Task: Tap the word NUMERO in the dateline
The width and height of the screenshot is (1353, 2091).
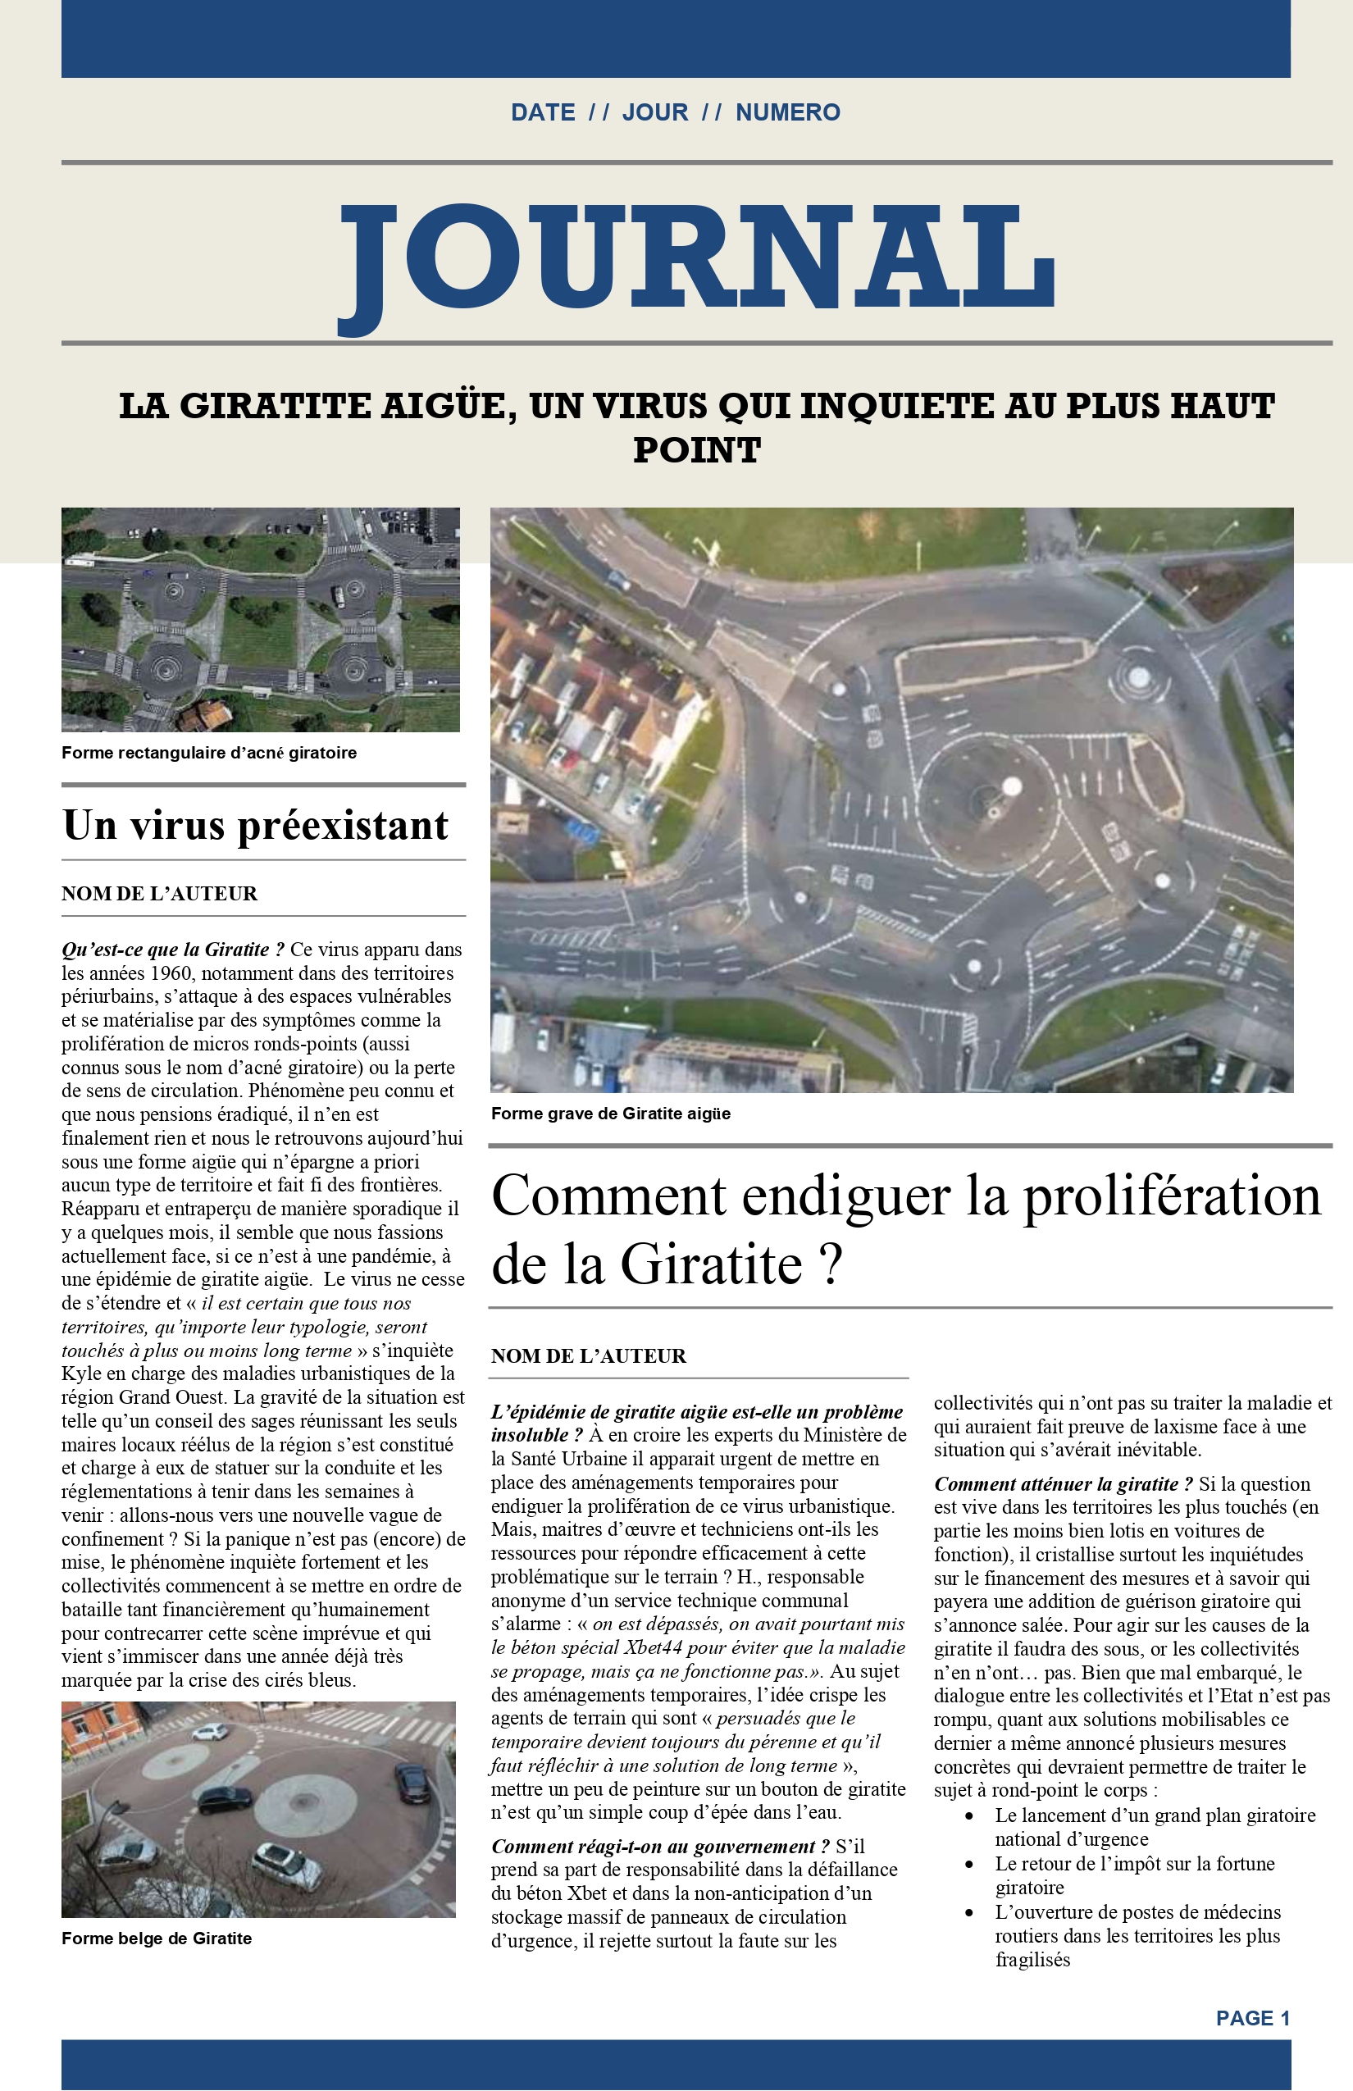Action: [x=787, y=112]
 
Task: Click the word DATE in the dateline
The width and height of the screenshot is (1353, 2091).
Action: [x=543, y=112]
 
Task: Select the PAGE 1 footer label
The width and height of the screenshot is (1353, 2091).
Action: [x=1252, y=2018]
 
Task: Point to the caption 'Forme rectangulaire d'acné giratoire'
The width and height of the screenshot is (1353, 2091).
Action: [x=209, y=753]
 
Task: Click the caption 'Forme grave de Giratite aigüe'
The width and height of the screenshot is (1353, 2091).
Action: [x=611, y=1114]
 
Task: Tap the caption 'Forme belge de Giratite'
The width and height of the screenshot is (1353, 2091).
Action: [x=157, y=1938]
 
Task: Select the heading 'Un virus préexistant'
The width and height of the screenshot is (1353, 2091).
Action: [x=256, y=825]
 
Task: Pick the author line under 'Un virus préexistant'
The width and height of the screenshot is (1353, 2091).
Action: [x=159, y=894]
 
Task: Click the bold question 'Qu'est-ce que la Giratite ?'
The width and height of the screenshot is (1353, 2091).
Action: [x=172, y=950]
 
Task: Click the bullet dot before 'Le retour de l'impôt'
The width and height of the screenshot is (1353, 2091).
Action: [x=969, y=1865]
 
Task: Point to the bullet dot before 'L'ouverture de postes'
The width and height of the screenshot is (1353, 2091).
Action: [x=969, y=1912]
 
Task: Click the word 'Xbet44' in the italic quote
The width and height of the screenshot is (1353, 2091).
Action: [x=653, y=1647]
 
